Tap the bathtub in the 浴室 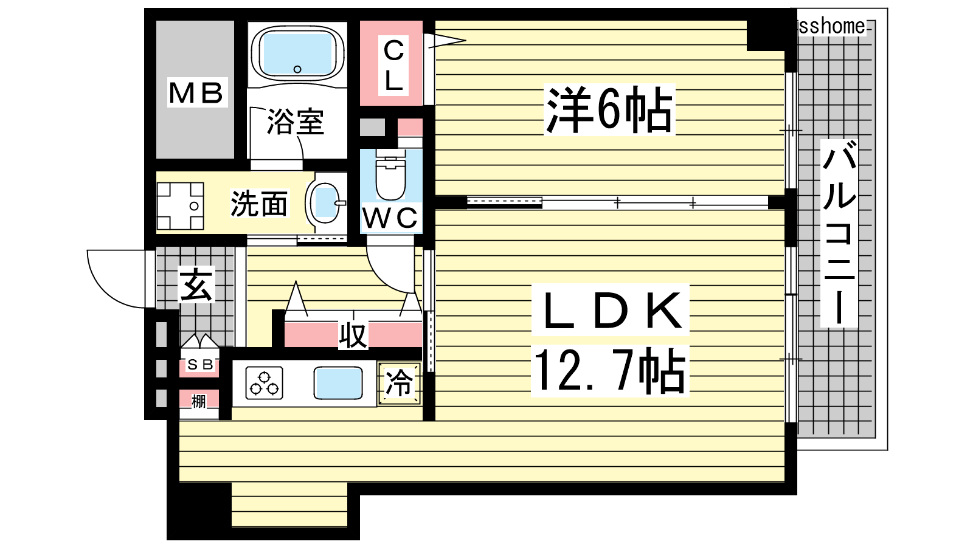(x=297, y=53)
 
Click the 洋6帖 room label (x=609, y=109)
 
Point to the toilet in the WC (x=391, y=174)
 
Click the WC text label (x=390, y=218)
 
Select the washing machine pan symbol (x=180, y=206)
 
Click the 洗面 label (x=258, y=204)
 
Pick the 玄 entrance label (x=196, y=284)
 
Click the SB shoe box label (x=200, y=364)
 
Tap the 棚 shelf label (x=198, y=401)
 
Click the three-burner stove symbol (x=264, y=383)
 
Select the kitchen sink (x=338, y=383)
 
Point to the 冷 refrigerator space (x=399, y=384)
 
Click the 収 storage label (x=353, y=335)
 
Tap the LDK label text (x=611, y=311)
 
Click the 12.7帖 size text (x=609, y=371)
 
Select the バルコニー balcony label (x=839, y=233)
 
